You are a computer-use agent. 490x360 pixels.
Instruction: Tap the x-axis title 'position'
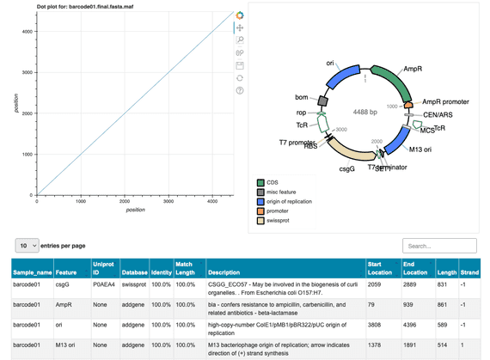tap(135, 209)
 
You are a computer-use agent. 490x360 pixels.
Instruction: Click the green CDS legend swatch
tap(261, 182)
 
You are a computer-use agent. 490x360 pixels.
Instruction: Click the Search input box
tap(439, 246)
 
